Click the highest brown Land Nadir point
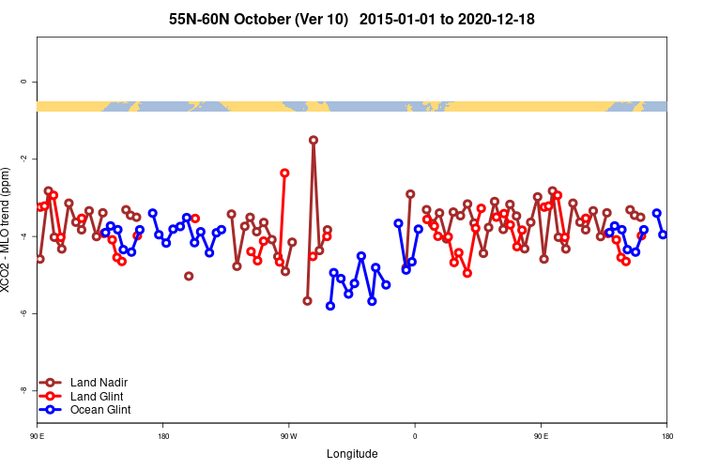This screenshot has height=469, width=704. [313, 140]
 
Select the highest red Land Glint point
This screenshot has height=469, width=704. [284, 173]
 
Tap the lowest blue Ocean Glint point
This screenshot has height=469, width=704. [330, 306]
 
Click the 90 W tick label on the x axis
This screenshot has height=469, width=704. [288, 436]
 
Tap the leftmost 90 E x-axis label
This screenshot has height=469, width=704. [38, 436]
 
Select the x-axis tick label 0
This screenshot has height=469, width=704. [414, 436]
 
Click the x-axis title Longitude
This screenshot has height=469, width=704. [352, 454]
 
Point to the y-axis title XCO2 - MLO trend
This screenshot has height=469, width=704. [8, 234]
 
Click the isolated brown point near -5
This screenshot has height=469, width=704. [189, 276]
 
